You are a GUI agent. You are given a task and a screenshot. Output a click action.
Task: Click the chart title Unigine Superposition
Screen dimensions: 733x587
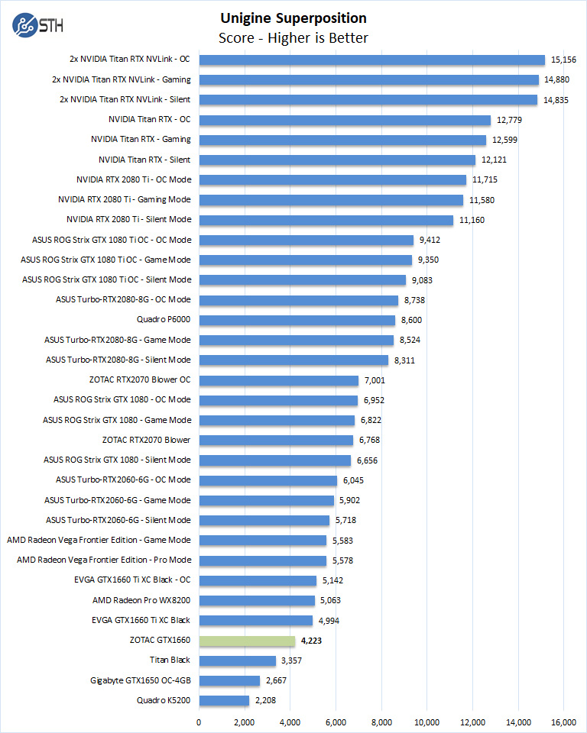(293, 18)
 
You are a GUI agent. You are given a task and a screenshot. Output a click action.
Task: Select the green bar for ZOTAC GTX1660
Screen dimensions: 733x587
(247, 641)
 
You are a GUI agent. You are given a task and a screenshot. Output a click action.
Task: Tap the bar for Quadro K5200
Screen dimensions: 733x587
(224, 700)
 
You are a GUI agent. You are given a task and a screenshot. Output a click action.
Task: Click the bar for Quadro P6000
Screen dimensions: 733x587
(297, 320)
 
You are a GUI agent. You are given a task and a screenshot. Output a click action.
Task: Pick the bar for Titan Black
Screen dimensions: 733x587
(237, 660)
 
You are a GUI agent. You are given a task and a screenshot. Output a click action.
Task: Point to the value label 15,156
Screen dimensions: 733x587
(565, 60)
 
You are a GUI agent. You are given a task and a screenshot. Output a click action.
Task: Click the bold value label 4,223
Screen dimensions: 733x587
(311, 641)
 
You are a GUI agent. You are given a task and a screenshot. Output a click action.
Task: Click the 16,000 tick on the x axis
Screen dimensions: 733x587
(564, 722)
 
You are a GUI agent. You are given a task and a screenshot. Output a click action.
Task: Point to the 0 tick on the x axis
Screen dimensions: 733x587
(199, 722)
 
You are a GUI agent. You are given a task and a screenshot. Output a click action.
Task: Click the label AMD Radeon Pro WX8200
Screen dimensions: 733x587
(141, 600)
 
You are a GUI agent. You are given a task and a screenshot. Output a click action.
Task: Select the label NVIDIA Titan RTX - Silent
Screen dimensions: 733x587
(144, 160)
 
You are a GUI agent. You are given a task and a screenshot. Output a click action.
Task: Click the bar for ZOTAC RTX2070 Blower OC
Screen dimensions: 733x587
(279, 380)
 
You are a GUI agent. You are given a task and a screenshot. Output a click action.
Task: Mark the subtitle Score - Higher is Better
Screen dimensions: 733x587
(293, 37)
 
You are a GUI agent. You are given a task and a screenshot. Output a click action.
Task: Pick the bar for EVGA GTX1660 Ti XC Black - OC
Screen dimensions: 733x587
(258, 580)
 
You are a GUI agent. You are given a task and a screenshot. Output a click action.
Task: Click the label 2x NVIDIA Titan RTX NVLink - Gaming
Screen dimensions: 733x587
(122, 79)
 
